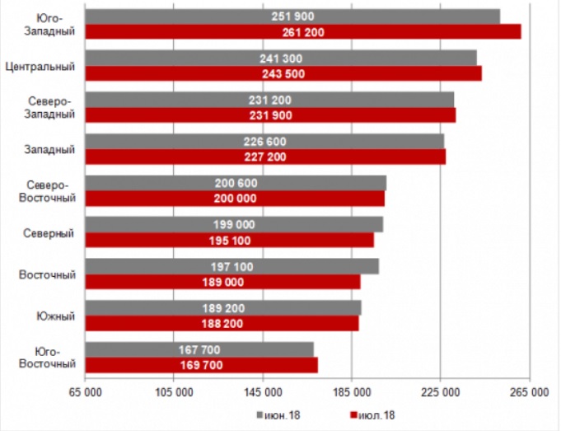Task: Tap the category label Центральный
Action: [x=40, y=67]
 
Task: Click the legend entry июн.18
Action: [x=282, y=415]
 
